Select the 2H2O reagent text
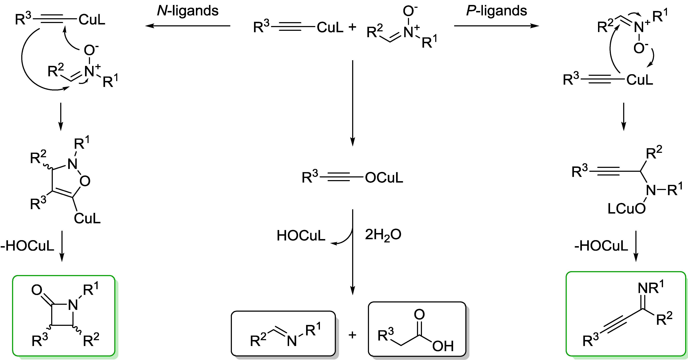(383, 235)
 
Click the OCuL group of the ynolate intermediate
(384, 178)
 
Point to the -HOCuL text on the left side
(27, 246)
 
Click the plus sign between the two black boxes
(352, 335)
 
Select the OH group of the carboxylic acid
(443, 346)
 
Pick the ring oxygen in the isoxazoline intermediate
(85, 181)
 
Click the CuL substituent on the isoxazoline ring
(87, 219)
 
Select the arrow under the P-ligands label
(497, 26)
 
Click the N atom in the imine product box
(292, 341)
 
